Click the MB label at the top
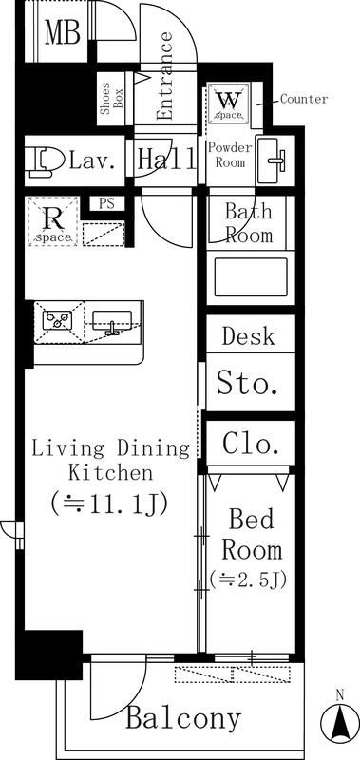point(62,33)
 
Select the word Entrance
point(165,76)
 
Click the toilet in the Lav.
point(46,161)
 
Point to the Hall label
point(166,159)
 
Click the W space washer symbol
point(229,103)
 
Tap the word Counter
point(304,99)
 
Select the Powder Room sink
point(271,161)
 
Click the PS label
point(107,203)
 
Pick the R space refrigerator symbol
point(53,221)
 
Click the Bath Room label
point(249,224)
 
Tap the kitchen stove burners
point(58,320)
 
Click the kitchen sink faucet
point(114,328)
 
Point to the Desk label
point(248,336)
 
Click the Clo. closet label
point(251,444)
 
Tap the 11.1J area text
point(109,503)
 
